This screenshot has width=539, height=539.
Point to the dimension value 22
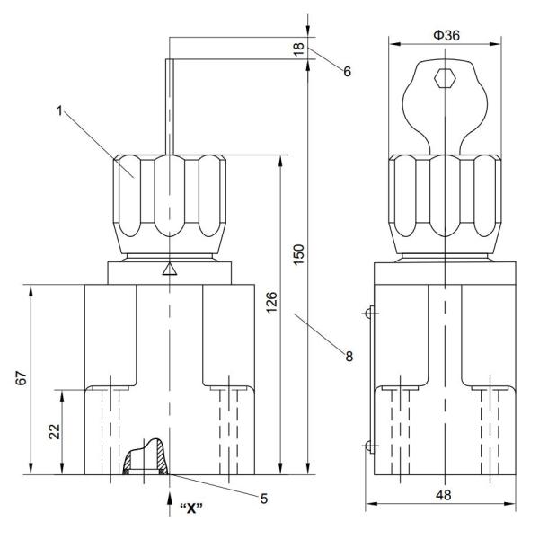tap(54, 431)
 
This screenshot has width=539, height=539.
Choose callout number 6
tap(346, 71)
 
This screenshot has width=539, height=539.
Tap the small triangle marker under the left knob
tap(169, 269)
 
